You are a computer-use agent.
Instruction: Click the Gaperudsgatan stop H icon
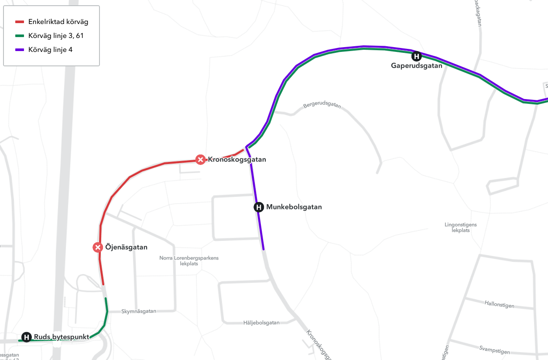417,56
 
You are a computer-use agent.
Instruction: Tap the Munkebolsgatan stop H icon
259,207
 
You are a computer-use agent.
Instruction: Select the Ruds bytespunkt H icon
27,337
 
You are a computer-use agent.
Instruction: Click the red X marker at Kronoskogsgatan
200,160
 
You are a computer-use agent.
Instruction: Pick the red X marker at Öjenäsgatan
98,247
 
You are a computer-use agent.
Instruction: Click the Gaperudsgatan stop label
417,66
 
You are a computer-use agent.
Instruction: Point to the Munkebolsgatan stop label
294,207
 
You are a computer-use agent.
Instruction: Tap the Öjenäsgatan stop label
127,247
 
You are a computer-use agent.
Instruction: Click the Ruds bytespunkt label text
61,337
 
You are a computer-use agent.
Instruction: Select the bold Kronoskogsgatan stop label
237,160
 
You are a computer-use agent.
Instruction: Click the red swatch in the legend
20,22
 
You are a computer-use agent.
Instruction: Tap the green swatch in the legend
20,36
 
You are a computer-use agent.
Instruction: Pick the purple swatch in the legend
20,50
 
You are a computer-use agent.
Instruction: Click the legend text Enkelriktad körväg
58,22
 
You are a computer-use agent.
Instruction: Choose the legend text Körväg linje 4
50,50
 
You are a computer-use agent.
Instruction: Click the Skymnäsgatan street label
138,311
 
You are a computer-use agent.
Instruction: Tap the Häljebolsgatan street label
261,323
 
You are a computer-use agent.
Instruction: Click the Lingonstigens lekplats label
461,227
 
